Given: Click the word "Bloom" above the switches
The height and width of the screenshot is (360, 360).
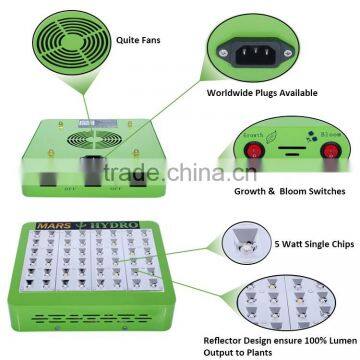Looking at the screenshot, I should pos(328,131).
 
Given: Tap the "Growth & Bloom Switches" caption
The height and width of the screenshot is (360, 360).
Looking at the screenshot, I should pos(282,191).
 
